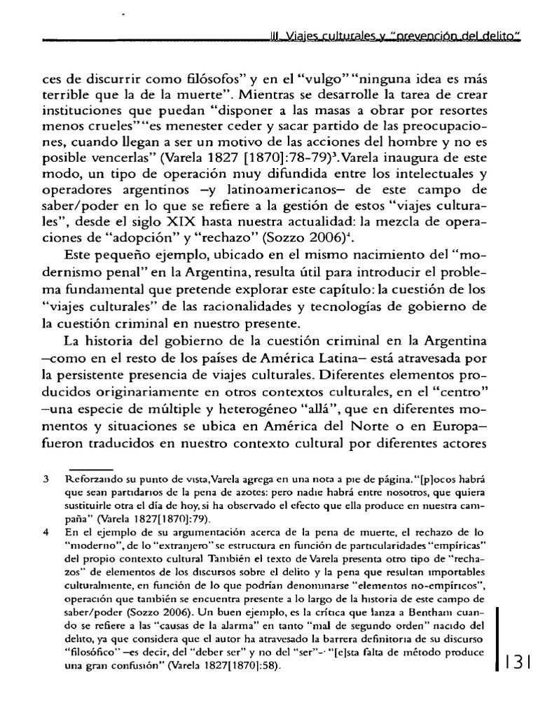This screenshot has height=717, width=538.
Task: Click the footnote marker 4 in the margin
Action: pyautogui.click(x=45, y=531)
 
